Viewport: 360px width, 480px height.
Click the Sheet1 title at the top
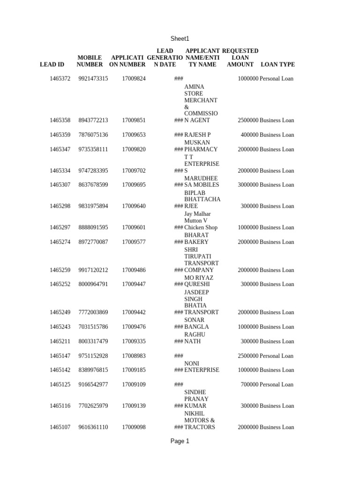[180, 39]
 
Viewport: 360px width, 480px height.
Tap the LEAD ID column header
[52, 65]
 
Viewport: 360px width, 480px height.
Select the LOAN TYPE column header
[277, 65]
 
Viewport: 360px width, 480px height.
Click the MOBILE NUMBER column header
[90, 61]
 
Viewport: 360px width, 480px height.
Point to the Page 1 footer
[180, 441]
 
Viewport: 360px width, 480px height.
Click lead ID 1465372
[60, 79]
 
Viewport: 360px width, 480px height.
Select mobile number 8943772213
[93, 120]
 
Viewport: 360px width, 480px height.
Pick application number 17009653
[134, 135]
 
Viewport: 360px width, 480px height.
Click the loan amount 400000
[249, 135]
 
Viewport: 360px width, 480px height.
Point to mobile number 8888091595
[93, 228]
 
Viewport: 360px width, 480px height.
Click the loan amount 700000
[249, 385]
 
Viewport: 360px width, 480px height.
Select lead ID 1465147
[60, 356]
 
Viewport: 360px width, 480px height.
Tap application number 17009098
[134, 427]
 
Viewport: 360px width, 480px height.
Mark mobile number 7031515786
[93, 327]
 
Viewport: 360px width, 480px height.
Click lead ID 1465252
[60, 285]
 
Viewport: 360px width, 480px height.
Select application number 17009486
[134, 270]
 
